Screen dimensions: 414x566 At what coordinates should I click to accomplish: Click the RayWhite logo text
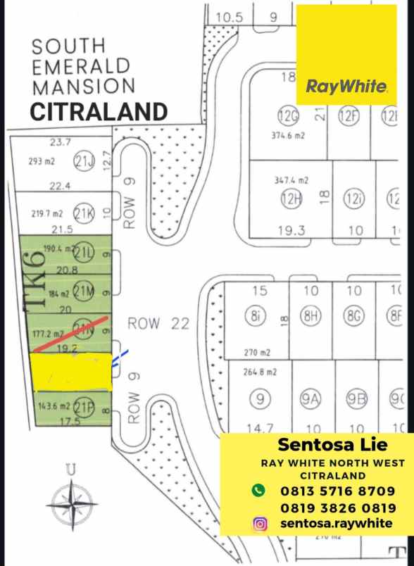(346, 87)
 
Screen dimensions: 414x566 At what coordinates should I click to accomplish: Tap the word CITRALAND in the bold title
(99, 111)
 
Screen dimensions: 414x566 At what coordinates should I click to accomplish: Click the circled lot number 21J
(84, 161)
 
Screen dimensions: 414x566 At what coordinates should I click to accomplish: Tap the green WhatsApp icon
(258, 490)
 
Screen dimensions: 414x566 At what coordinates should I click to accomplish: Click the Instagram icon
(260, 523)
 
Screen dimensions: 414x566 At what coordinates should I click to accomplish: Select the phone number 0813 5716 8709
(337, 491)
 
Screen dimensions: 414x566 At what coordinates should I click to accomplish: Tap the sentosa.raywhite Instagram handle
(336, 523)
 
